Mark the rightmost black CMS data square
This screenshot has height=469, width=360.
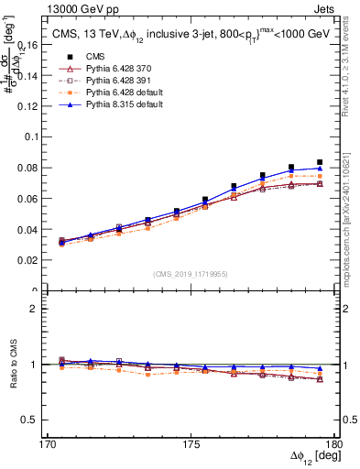(x=320, y=162)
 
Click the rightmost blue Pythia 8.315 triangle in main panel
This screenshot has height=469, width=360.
(x=320, y=169)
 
